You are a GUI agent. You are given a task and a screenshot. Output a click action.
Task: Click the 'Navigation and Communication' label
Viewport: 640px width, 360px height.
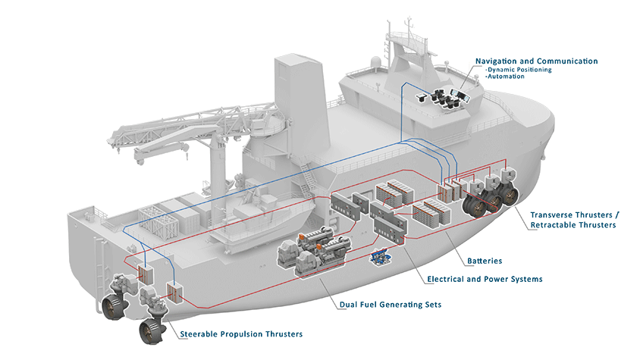point(536,61)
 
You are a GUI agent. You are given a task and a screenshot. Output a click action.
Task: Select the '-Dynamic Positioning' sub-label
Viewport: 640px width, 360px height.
point(518,70)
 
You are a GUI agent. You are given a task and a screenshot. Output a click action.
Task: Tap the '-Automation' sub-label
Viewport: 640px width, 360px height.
point(503,77)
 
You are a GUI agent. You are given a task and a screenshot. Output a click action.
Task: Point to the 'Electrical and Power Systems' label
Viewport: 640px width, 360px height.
point(485,279)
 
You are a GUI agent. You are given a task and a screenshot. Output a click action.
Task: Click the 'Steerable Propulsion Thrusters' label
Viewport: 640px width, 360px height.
point(241,333)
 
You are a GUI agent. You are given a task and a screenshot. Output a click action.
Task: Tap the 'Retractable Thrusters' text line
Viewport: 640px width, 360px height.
point(573,225)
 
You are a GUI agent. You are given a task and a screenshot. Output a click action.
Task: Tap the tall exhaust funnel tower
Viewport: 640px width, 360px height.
point(295,99)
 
